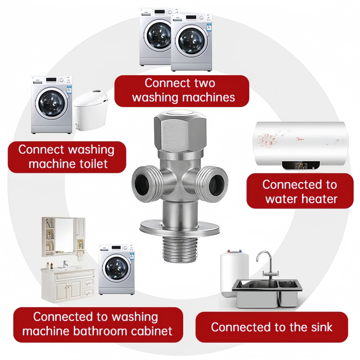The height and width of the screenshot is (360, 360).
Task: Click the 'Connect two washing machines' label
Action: pos(182,90)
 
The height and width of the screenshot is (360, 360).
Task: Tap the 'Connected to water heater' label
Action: pos(300,191)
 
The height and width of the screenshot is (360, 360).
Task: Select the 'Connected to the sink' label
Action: pos(271,327)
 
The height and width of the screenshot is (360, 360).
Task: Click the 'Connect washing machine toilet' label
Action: pos(67,157)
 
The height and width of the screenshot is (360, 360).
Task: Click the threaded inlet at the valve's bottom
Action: pos(179,249)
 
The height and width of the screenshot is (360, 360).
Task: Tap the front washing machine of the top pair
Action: pos(192,42)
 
